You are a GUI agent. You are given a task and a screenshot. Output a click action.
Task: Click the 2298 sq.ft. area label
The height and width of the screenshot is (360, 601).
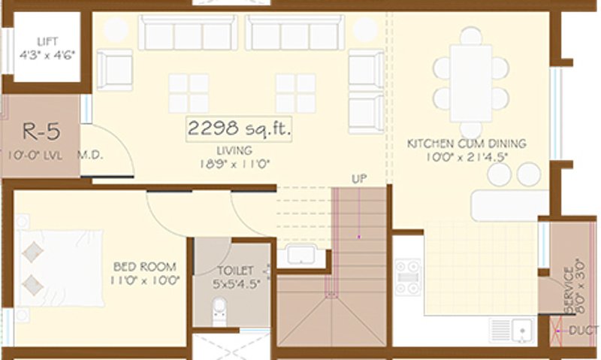pyautogui.click(x=239, y=129)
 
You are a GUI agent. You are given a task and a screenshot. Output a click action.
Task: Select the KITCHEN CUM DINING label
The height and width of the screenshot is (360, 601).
pyautogui.click(x=466, y=143)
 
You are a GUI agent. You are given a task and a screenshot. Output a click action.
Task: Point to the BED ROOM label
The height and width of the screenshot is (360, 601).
pyautogui.click(x=145, y=266)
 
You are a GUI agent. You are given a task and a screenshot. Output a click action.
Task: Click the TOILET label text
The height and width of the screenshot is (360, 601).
pyautogui.click(x=235, y=270)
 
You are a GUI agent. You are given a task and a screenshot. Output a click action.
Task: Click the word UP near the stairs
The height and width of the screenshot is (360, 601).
pyautogui.click(x=358, y=179)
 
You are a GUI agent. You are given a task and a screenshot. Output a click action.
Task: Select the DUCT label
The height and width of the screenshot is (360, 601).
pyautogui.click(x=584, y=330)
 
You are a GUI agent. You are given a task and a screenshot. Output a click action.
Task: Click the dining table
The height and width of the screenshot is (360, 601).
pyautogui.click(x=471, y=82)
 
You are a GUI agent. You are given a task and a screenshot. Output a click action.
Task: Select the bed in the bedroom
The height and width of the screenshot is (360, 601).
pyautogui.click(x=60, y=268)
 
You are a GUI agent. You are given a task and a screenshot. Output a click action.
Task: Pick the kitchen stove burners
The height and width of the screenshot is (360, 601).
pyautogui.click(x=408, y=278)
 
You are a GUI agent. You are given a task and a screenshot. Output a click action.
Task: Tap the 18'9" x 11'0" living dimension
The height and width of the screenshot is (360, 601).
pyautogui.click(x=234, y=162)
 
